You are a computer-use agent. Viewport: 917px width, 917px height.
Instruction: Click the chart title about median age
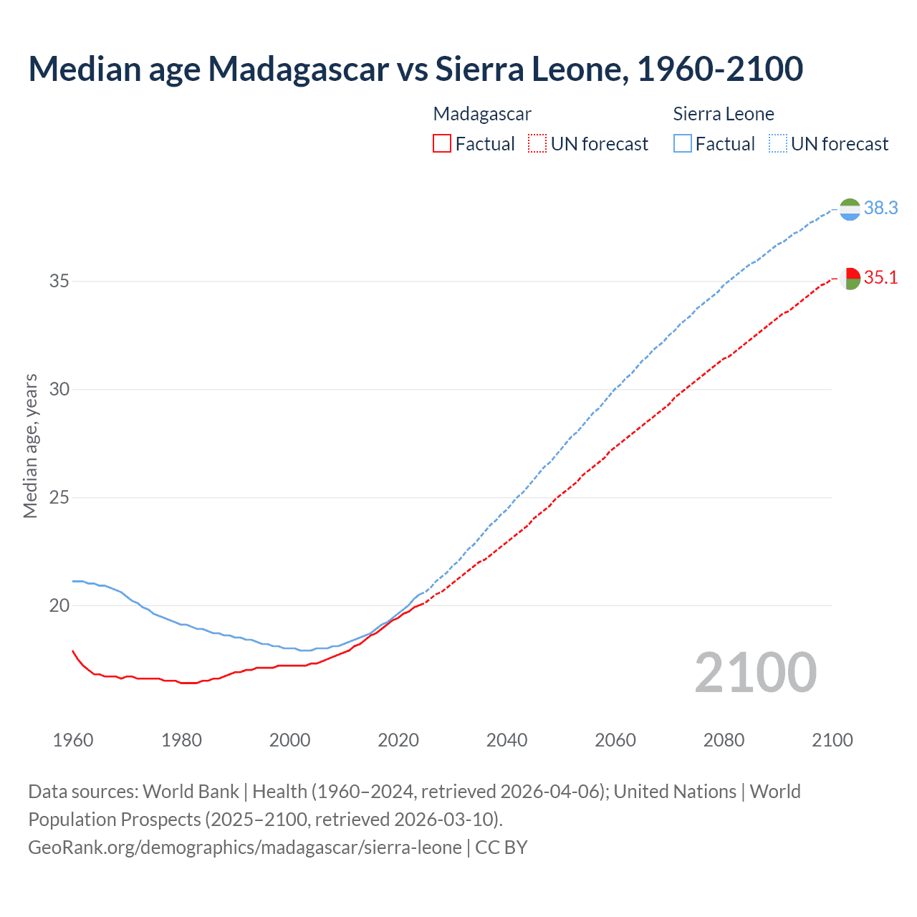tap(416, 69)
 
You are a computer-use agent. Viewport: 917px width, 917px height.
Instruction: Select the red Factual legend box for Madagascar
tap(442, 144)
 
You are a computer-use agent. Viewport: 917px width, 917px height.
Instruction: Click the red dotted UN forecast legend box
tap(537, 144)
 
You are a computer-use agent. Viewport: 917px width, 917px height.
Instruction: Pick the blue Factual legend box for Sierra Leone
tap(683, 144)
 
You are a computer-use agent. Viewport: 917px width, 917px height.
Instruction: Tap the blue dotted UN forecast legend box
tap(777, 144)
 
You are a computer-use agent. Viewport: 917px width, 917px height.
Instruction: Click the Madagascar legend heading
tap(482, 114)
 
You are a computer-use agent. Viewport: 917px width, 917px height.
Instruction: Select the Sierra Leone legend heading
tap(724, 114)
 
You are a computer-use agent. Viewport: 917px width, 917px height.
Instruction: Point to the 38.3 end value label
tap(880, 208)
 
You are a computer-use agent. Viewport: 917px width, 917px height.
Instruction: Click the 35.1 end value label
tap(880, 277)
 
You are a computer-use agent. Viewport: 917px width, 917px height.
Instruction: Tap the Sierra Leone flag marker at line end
tap(850, 209)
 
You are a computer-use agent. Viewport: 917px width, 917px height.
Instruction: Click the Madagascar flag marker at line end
tap(850, 278)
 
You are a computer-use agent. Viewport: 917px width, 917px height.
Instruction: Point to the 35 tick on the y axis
tap(59, 281)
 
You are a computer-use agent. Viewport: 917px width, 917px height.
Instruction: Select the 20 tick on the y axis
tap(59, 605)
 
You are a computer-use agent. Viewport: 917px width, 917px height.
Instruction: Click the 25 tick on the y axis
tap(59, 497)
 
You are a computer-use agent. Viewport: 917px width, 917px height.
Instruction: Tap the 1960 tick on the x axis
tap(73, 740)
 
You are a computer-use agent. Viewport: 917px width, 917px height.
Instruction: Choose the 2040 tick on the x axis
tap(506, 740)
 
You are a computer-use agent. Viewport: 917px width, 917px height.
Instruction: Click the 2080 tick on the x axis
tap(724, 740)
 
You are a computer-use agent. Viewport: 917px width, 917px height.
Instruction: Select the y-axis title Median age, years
tap(30, 446)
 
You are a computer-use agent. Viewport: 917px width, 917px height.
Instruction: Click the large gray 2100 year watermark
tap(755, 673)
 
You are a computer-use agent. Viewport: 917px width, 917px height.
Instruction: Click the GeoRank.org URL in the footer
tap(245, 848)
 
